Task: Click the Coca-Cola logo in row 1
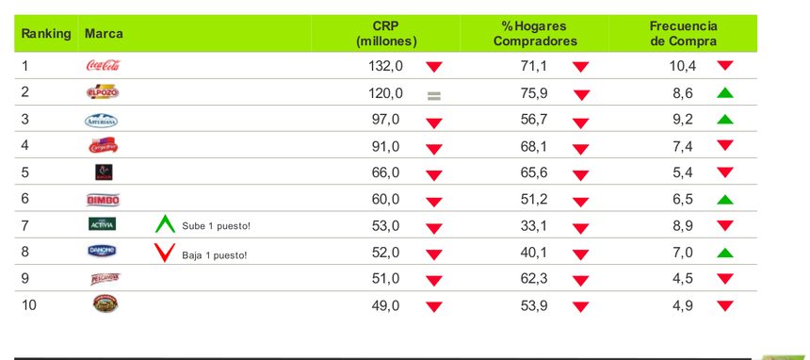point(102,66)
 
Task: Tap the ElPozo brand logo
point(102,92)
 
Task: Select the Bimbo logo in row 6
point(102,200)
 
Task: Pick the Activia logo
point(102,224)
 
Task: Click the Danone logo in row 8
point(102,252)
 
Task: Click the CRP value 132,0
point(385,66)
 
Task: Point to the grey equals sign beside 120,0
point(433,94)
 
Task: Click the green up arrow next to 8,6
point(724,93)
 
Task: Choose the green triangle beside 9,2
point(724,120)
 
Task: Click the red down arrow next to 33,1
point(581,227)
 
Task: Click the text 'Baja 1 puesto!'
point(215,254)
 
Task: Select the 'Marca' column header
point(104,34)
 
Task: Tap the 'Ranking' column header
point(46,34)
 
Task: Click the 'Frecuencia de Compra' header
point(683,34)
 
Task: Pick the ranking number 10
point(29,304)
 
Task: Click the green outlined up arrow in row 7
point(166,224)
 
